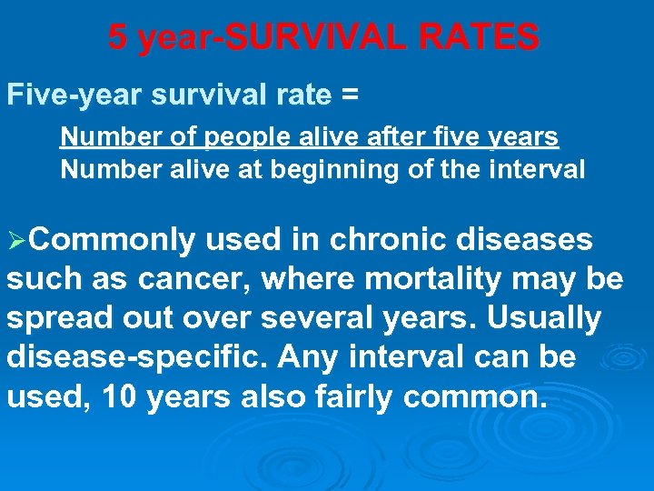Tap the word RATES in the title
pos(488,37)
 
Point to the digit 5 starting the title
pos(116,37)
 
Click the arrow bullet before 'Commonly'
pos(16,241)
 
